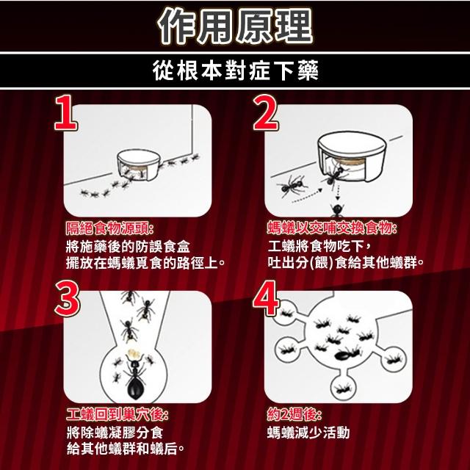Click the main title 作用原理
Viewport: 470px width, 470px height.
point(235,26)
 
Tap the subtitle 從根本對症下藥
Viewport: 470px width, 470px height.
point(235,70)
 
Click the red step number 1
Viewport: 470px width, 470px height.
point(65,112)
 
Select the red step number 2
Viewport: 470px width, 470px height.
point(266,112)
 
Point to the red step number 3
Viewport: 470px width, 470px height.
point(67,299)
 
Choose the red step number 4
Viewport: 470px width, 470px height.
point(266,299)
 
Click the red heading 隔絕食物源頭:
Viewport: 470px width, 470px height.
point(109,229)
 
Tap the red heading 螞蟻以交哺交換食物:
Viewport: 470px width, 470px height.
point(333,228)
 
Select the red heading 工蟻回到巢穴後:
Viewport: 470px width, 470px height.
point(117,415)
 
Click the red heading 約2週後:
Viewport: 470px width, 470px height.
point(294,415)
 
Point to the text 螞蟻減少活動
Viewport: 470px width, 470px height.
point(308,433)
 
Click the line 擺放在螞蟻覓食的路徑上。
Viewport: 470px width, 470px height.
point(145,263)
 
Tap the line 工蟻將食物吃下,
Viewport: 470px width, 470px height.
point(320,247)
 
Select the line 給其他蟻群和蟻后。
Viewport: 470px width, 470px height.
point(126,449)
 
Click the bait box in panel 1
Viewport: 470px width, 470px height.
point(138,164)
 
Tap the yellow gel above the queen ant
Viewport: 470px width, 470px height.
point(134,354)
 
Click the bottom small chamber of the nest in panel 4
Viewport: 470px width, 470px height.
point(344,388)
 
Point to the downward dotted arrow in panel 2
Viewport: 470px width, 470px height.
point(338,192)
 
